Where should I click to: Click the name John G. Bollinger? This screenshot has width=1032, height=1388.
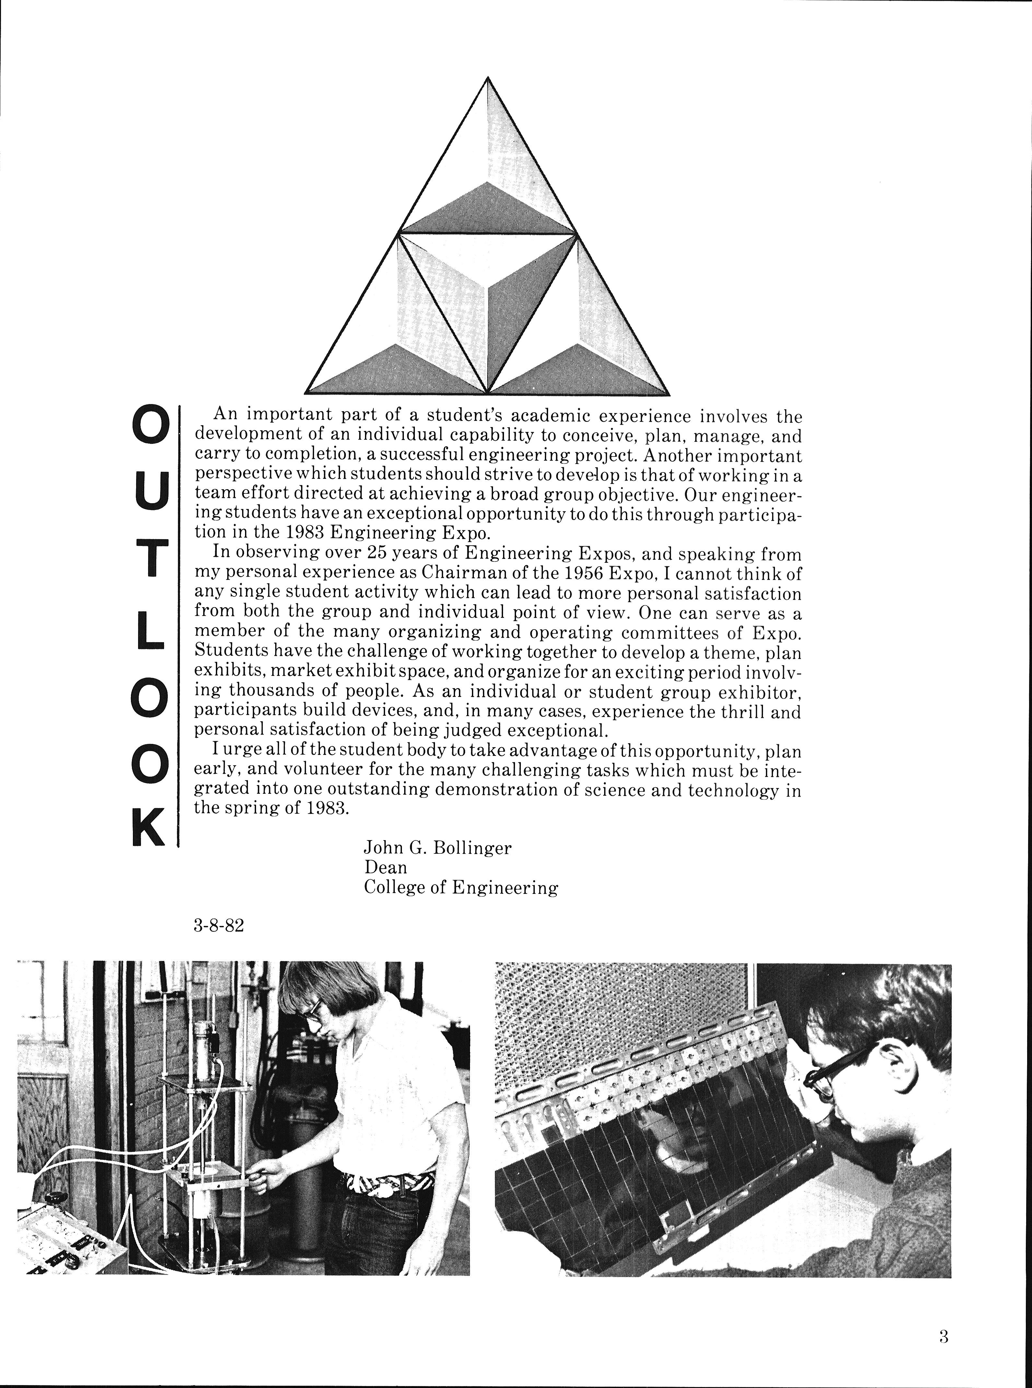[437, 848]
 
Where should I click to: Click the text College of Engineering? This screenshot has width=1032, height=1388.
[460, 887]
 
